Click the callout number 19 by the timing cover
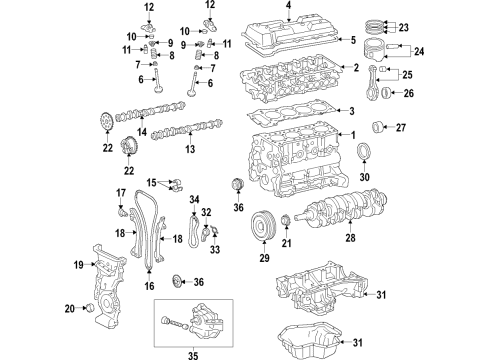coord(77,266)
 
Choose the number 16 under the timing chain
coord(150,286)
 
